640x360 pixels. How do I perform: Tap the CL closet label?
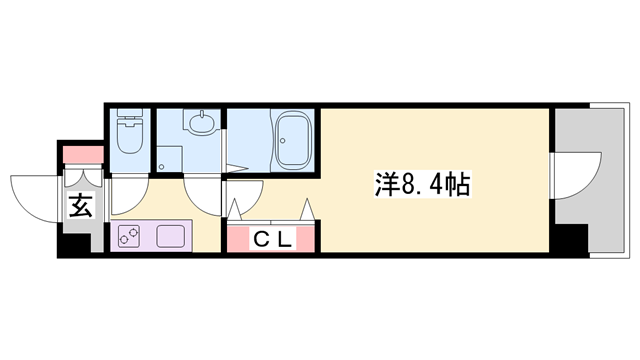tap(271, 239)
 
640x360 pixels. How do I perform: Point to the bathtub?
tap(295, 139)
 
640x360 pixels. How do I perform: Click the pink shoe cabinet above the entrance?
tap(82, 156)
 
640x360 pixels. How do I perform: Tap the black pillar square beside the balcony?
tap(571, 240)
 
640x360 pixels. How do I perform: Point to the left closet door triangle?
tap(237, 210)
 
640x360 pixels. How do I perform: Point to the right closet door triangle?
tap(308, 210)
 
